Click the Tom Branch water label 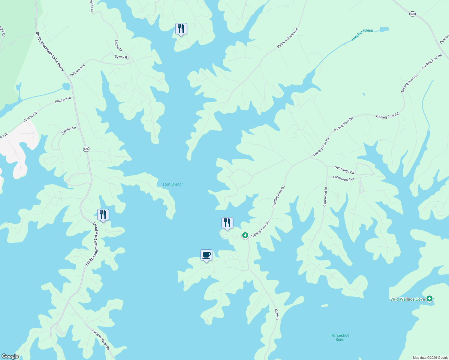tap(173, 184)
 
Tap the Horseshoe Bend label tap(340, 337)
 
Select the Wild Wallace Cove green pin tap(429, 299)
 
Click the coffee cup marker tap(206, 255)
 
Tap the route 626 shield tap(86, 149)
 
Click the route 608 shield tap(412, 14)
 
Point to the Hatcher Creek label tap(362, 35)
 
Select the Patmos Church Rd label tap(288, 38)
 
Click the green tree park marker tap(245, 235)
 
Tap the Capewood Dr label tap(325, 197)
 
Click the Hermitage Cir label tap(344, 170)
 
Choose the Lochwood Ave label tap(343, 178)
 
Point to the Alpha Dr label tap(276, 315)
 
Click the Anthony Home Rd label tap(101, 340)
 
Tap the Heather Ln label tap(69, 130)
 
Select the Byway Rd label tap(122, 57)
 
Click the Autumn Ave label tap(77, 70)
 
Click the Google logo tap(10, 356)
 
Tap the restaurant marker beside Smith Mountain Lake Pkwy tap(103, 215)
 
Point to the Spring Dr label tap(118, 46)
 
